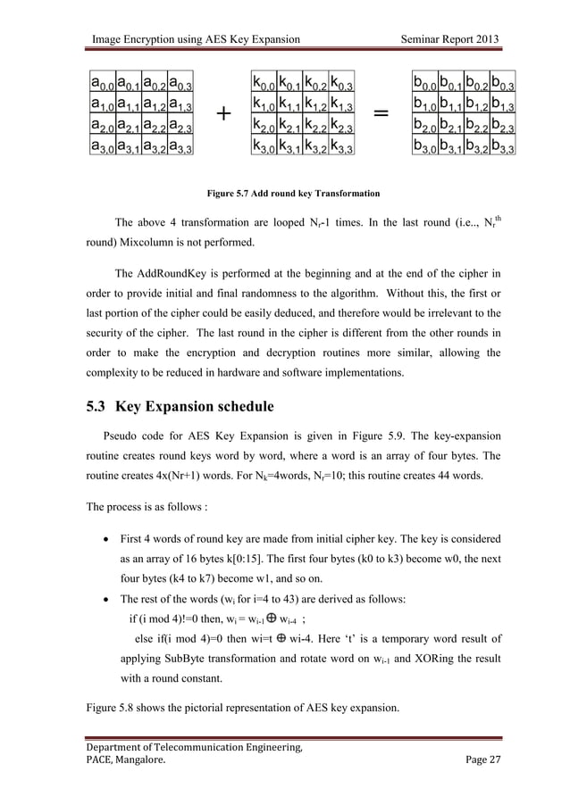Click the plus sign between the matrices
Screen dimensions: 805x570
222,115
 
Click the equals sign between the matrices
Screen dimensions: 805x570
381,115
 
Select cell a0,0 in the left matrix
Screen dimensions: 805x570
101,84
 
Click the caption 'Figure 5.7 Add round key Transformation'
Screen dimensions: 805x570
293,193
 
